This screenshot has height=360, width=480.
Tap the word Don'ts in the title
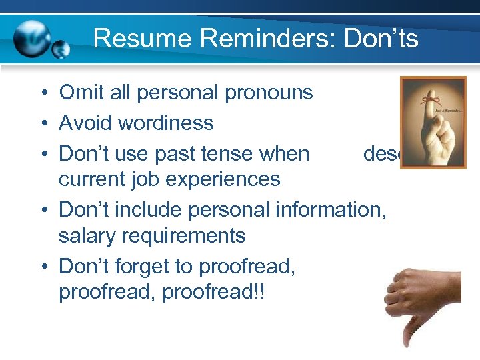pos(381,38)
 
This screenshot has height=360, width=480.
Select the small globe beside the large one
pos(61,49)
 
